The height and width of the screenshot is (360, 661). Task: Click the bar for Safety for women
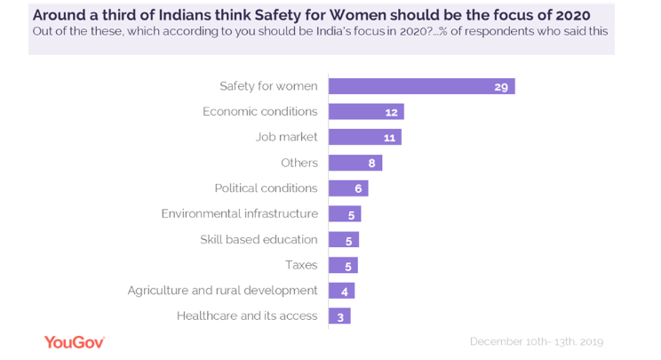click(421, 86)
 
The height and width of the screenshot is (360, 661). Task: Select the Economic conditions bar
click(366, 112)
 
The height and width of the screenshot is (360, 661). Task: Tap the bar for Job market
click(364, 137)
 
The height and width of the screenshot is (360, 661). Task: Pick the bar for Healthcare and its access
click(339, 316)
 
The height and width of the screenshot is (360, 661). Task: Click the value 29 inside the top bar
click(501, 86)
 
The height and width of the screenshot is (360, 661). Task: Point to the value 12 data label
click(391, 112)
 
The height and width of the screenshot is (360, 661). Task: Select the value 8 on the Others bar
click(371, 163)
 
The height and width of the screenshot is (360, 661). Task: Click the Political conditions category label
click(266, 188)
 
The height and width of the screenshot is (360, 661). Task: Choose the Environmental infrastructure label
click(239, 213)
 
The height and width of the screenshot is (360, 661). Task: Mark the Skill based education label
click(259, 239)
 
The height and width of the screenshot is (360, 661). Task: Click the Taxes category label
click(301, 265)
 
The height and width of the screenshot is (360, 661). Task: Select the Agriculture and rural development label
click(222, 291)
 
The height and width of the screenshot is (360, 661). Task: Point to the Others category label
click(299, 163)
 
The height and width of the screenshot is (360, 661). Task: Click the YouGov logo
click(75, 342)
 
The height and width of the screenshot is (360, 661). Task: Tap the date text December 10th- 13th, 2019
click(536, 342)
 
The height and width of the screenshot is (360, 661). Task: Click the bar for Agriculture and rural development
click(341, 291)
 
